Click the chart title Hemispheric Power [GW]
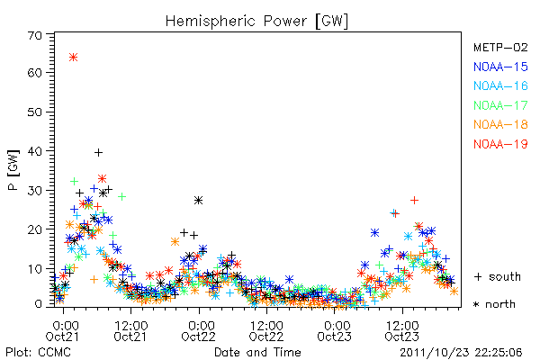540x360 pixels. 256,22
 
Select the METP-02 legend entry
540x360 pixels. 500,47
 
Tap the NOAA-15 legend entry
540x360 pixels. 500,67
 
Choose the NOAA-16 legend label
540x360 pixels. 500,85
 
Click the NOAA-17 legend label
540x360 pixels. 500,105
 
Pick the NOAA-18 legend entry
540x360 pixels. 500,124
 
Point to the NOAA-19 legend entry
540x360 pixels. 500,144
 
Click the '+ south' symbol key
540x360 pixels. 498,276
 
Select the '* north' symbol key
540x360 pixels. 494,304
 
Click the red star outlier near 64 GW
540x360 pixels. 73,58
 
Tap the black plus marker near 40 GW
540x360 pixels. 98,152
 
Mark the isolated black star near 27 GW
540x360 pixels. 198,200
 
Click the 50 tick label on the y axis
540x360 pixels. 35,112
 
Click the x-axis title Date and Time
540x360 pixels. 257,353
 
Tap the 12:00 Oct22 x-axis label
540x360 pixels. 266,331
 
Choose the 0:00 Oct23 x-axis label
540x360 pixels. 335,331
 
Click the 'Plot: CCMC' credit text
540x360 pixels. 38,353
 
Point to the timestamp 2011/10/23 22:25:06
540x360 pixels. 461,353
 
